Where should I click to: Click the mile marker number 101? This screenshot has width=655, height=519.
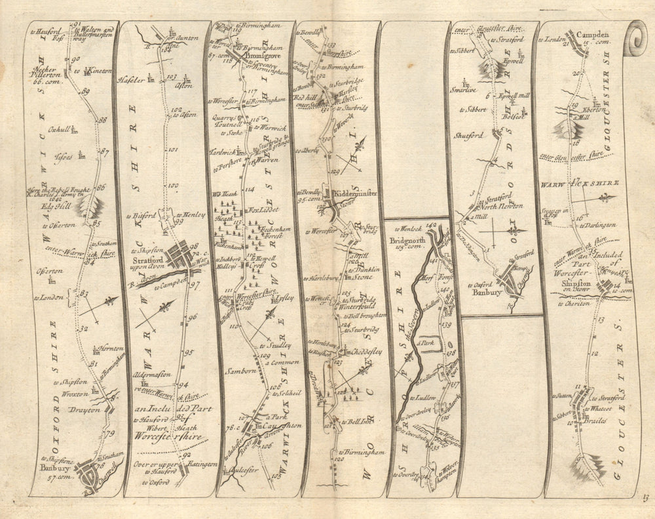[173, 150]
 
